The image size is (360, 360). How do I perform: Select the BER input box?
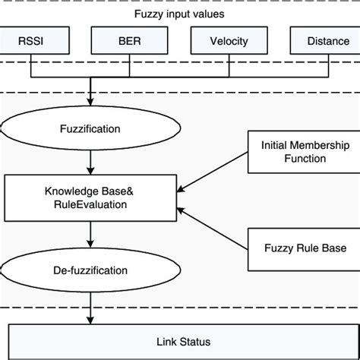point(129,41)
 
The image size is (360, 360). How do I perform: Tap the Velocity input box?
point(229,41)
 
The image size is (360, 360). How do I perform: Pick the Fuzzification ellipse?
point(90,129)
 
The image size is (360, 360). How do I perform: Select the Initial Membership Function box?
point(294,151)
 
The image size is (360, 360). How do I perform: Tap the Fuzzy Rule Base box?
point(294,248)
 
